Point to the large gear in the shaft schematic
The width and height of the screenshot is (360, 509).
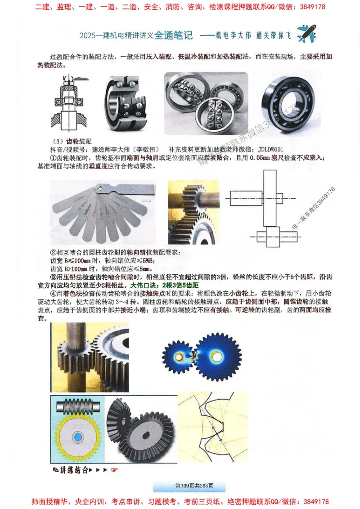pos(270,196)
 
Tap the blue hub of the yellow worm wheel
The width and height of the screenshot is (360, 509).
pos(77,437)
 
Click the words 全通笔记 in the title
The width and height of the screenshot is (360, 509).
pos(173,34)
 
